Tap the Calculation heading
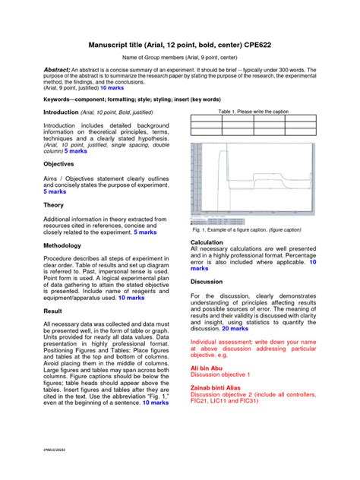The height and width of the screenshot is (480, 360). (207, 242)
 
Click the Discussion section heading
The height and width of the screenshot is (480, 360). (208, 281)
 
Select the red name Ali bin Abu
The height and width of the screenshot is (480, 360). (209, 365)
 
